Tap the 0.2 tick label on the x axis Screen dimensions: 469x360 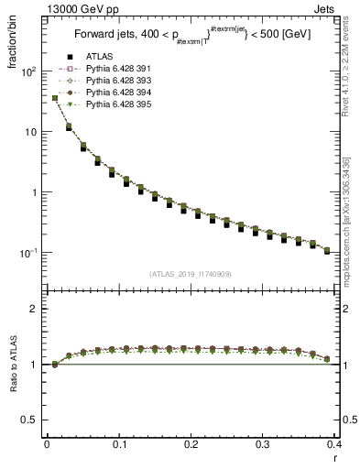[191, 444]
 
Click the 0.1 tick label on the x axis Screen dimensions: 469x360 [119, 444]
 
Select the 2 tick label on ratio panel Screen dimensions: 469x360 [35, 309]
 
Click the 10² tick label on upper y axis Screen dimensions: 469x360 [28, 71]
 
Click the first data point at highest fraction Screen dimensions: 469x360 [55, 98]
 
